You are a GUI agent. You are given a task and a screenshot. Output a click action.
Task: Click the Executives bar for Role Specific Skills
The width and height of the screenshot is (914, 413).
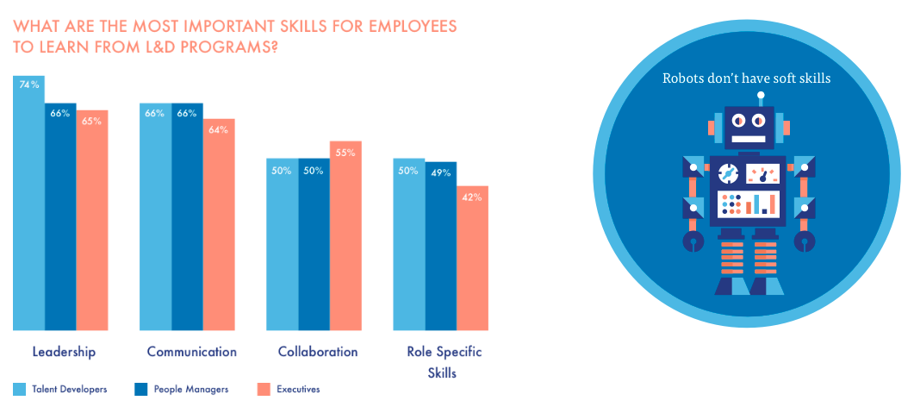[x=472, y=258]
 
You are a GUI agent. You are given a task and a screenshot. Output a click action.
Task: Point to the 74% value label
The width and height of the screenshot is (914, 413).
[x=28, y=84]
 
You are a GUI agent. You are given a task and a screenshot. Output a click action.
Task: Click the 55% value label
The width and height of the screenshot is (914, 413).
[x=345, y=152]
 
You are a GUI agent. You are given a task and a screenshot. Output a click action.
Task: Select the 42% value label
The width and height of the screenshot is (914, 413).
[x=472, y=197]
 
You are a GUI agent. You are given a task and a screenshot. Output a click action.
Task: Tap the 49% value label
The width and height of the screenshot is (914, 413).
[x=440, y=172]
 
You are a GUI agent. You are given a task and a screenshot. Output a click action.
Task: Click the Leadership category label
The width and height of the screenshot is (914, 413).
[x=64, y=352]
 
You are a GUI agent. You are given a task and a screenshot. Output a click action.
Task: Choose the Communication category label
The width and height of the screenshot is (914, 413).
[x=191, y=352]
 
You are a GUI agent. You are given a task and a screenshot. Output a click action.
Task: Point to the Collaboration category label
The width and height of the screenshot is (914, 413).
[x=317, y=352]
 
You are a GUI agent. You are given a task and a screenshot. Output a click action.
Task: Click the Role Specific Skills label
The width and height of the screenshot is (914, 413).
[x=444, y=362]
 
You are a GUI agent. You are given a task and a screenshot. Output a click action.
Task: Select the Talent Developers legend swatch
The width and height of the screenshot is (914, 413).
[x=20, y=389]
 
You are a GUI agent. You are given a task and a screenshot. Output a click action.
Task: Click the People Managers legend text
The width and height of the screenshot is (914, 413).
[x=191, y=389]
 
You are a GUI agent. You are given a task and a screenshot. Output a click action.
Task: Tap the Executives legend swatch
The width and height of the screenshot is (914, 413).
[x=264, y=389]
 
